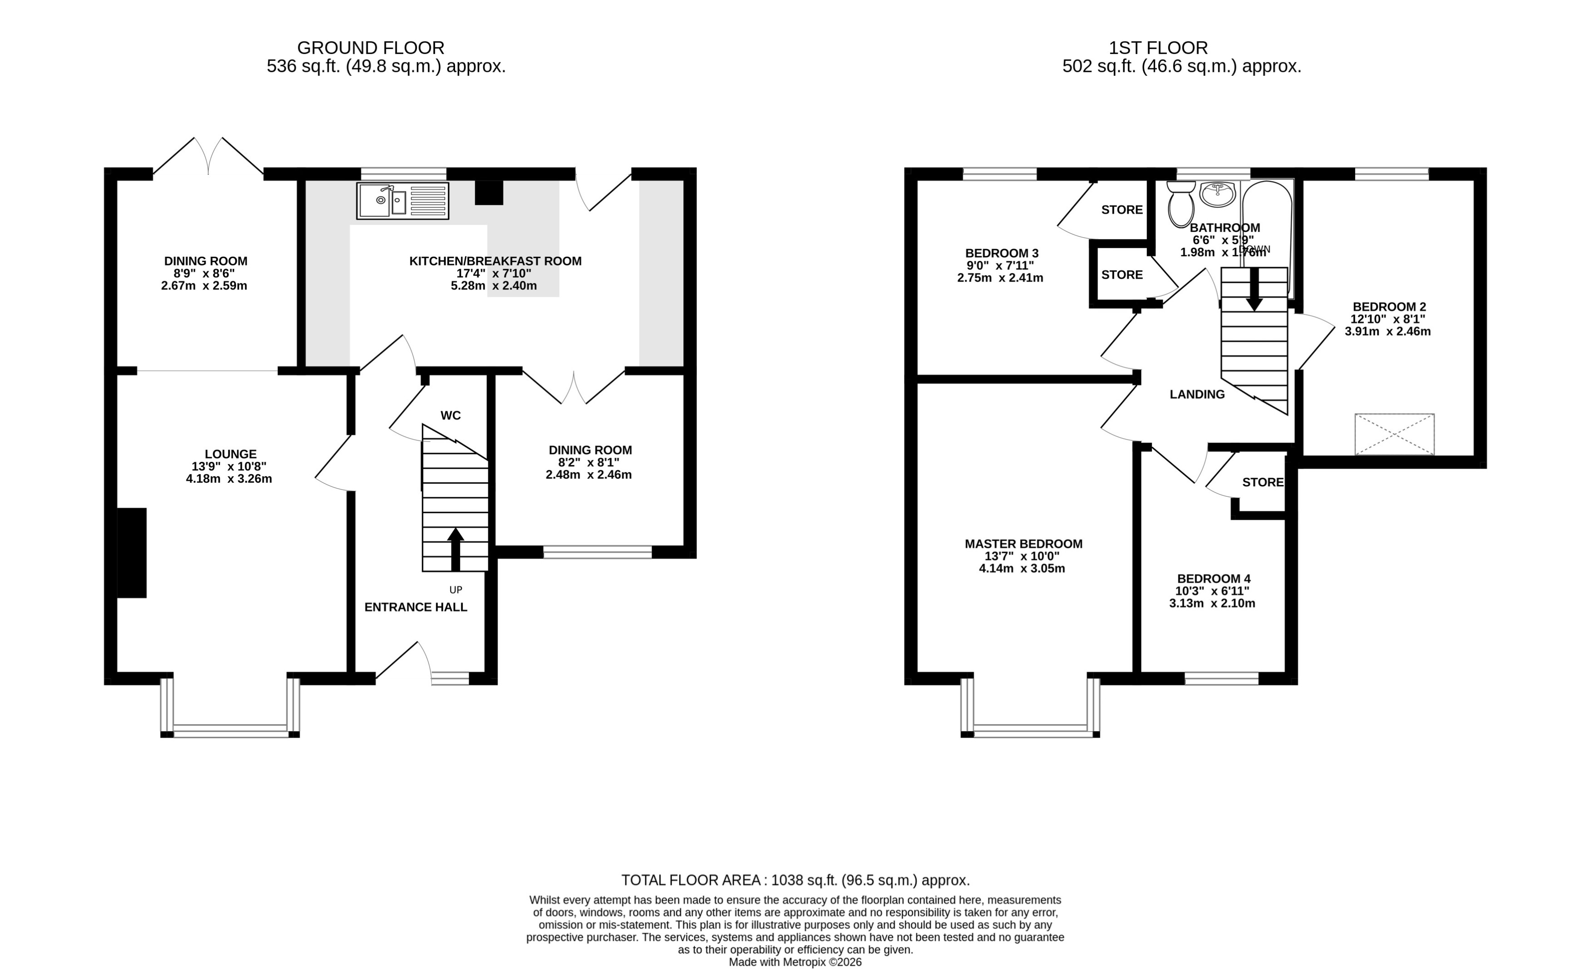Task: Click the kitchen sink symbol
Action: [x=402, y=201]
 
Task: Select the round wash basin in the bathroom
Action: [x=1217, y=193]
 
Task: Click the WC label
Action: [x=450, y=415]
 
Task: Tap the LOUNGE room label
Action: [x=230, y=454]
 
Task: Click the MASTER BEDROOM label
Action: [x=1023, y=544]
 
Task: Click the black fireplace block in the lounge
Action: [x=132, y=553]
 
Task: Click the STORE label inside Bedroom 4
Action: [x=1262, y=482]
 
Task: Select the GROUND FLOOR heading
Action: [x=370, y=48]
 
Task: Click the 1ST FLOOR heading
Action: [x=1158, y=48]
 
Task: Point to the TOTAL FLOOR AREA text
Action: [x=795, y=880]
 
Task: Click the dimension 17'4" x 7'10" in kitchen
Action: [x=494, y=273]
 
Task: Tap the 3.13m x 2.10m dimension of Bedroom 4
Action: [x=1212, y=604]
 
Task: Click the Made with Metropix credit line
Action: [x=795, y=962]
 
